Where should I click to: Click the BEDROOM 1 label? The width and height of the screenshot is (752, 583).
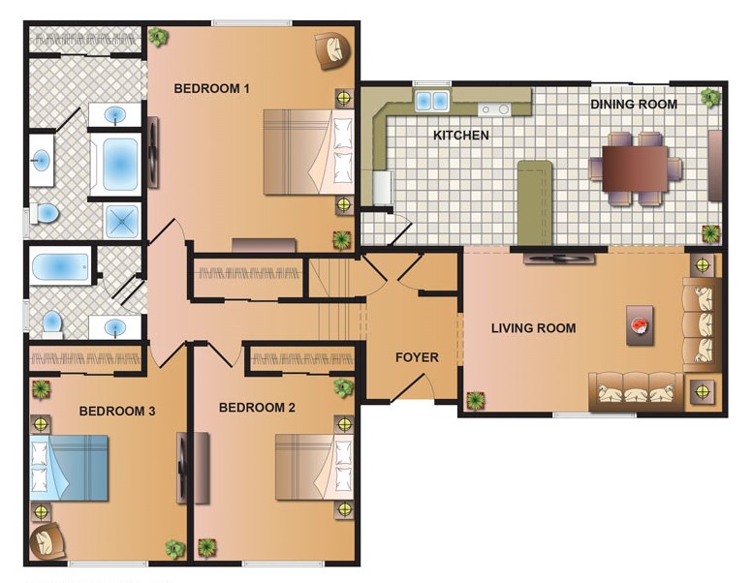point(211,89)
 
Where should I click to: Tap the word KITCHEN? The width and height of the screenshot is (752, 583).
point(460,136)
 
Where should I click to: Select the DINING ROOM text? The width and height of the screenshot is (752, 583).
point(634,104)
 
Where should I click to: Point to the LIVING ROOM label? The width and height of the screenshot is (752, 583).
point(533,328)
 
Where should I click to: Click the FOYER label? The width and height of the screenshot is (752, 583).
point(417,357)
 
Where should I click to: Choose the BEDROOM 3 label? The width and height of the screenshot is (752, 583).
point(117,412)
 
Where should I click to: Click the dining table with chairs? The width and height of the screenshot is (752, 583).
point(636,163)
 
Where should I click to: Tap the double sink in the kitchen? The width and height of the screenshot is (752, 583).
point(433,100)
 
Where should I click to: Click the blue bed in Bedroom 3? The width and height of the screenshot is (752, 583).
point(70,466)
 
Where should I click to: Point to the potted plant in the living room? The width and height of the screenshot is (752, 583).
point(476,399)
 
